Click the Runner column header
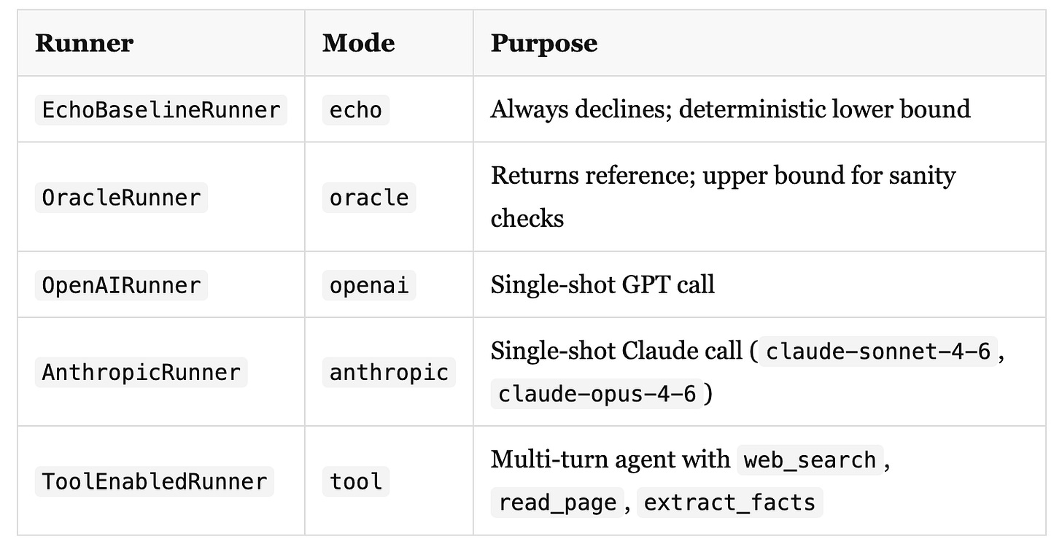pyautogui.click(x=84, y=43)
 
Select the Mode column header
pyautogui.click(x=358, y=43)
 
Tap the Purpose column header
pyautogui.click(x=543, y=43)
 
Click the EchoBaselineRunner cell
pyautogui.click(x=160, y=110)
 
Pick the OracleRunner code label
pyautogui.click(x=121, y=198)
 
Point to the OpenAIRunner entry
pyautogui.click(x=121, y=284)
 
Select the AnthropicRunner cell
pyautogui.click(x=141, y=372)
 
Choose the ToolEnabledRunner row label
pyautogui.click(x=154, y=481)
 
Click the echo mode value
pyautogui.click(x=355, y=110)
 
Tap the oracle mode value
pyautogui.click(x=368, y=198)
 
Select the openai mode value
pyautogui.click(x=368, y=284)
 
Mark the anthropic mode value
pyautogui.click(x=388, y=372)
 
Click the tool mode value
pyautogui.click(x=355, y=481)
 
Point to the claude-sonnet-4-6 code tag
pyautogui.click(x=877, y=352)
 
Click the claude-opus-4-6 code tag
pyautogui.click(x=596, y=394)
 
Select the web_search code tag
pyautogui.click(x=810, y=460)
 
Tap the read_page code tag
pyautogui.click(x=557, y=503)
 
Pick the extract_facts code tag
pyautogui.click(x=729, y=503)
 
